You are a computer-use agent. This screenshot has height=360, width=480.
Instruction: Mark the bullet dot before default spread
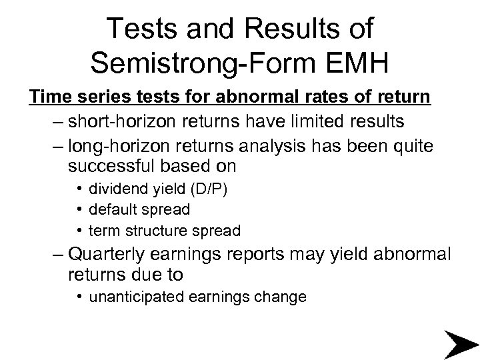tap(79, 209)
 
